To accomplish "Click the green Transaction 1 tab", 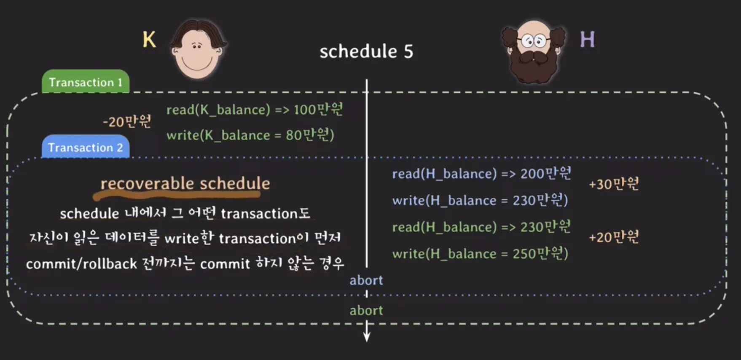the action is coord(86,81).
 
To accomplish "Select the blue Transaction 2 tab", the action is coord(86,147).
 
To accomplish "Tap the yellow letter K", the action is coord(149,40).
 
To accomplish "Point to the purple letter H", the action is coord(587,40).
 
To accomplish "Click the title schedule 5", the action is coord(366,51).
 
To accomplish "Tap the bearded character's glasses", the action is coord(534,41).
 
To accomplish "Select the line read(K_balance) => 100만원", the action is coord(255,110).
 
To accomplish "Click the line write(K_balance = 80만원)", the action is coord(250,135).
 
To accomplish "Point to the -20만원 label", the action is coord(127,121).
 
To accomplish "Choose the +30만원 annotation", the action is coord(614,184).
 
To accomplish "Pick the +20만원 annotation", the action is coord(614,237).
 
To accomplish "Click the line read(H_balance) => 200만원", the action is coord(481,173).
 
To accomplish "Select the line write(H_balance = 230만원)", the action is coord(480,200).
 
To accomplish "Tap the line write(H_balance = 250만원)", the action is coord(480,253).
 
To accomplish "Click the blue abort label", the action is coord(366,280).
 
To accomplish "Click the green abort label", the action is coord(366,311).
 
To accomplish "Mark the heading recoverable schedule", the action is coord(185,183).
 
